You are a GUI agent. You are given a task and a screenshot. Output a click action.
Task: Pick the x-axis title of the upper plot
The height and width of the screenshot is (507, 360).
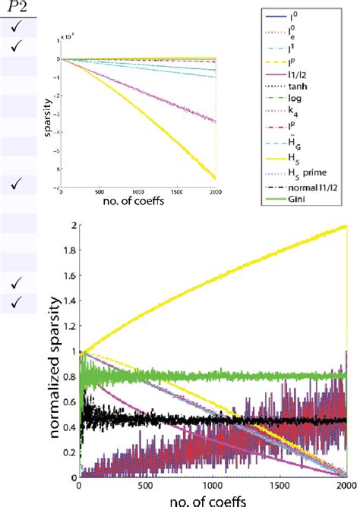(x=141, y=203)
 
